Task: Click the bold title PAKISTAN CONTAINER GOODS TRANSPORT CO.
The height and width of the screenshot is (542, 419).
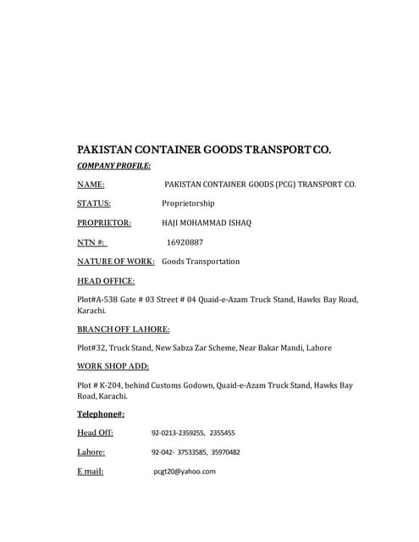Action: coord(204,150)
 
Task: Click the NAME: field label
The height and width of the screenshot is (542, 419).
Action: coord(91,184)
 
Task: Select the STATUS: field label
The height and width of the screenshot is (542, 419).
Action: coord(94,203)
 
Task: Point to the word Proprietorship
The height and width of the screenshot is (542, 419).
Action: coord(188,203)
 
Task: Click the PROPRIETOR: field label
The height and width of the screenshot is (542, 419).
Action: coord(104,223)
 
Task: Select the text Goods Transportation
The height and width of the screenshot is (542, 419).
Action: coord(201,262)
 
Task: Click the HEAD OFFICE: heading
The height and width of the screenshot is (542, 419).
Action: coord(106,281)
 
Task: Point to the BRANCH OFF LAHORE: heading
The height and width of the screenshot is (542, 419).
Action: coord(123,329)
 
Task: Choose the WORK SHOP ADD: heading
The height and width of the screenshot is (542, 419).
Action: coord(113,366)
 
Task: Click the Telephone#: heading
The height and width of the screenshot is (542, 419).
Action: coord(101,414)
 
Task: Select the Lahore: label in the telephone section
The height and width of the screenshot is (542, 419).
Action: coord(91,452)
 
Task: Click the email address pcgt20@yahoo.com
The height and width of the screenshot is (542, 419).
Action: coord(185,472)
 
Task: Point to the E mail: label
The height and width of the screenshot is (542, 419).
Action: coord(91,472)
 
